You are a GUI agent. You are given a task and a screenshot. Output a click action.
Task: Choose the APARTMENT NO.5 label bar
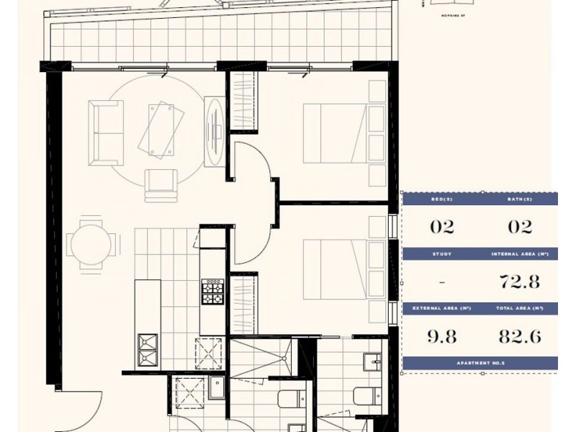pyautogui.click(x=480, y=364)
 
